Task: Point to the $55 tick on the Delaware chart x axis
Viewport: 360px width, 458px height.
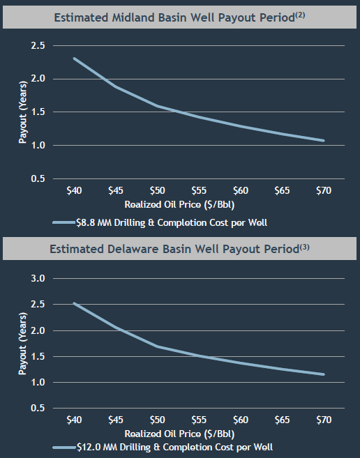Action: point(199,421)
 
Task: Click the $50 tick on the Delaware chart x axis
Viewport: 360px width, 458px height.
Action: point(157,421)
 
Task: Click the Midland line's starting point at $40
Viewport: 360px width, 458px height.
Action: point(74,59)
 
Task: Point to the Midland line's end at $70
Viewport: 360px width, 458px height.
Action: point(324,140)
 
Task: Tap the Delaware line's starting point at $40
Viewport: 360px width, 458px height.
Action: point(74,303)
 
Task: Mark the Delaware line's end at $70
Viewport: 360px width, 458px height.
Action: point(324,374)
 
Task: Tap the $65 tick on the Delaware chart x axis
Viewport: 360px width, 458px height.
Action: point(282,421)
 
